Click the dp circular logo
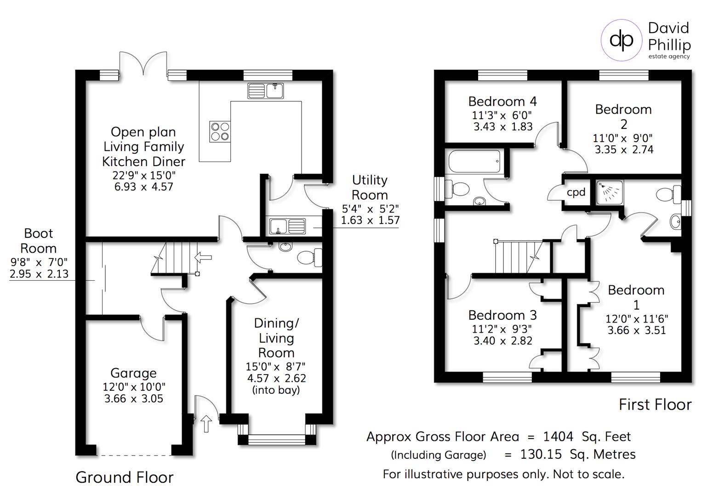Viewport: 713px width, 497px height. click(x=622, y=40)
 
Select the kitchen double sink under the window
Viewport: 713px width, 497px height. click(x=266, y=91)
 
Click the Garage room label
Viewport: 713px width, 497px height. click(x=133, y=373)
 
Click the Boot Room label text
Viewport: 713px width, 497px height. click(x=39, y=241)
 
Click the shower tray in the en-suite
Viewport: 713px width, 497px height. click(x=610, y=191)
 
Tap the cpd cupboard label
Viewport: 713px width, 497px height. click(x=576, y=192)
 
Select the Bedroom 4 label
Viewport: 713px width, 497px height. click(x=502, y=101)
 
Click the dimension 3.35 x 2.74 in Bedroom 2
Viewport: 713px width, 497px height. click(x=623, y=150)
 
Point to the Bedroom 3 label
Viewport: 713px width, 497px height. click(x=502, y=315)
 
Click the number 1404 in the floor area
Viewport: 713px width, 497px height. click(x=558, y=436)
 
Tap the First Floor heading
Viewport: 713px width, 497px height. click(x=655, y=405)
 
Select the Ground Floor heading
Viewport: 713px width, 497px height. click(x=124, y=477)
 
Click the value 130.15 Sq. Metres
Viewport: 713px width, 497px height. click(x=577, y=455)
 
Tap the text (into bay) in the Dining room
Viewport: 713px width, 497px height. click(x=276, y=390)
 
